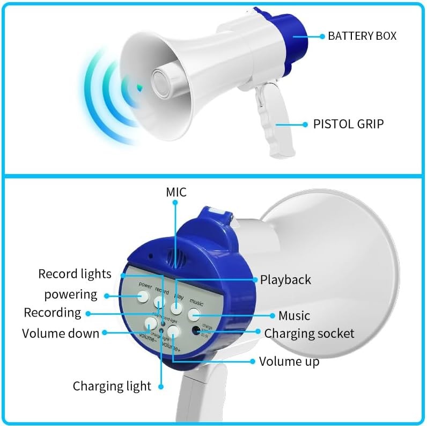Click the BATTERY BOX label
coord(362,37)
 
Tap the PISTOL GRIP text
coord(348,124)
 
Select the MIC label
coord(176,192)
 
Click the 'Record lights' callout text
coord(75,274)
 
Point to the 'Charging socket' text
coord(309,333)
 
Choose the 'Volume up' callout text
coord(289,361)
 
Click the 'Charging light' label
coord(112,386)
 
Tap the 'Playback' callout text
coord(285,279)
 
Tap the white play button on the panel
coord(178,308)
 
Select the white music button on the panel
coord(194,314)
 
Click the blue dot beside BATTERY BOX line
coord(322,37)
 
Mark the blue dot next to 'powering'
coord(107,295)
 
